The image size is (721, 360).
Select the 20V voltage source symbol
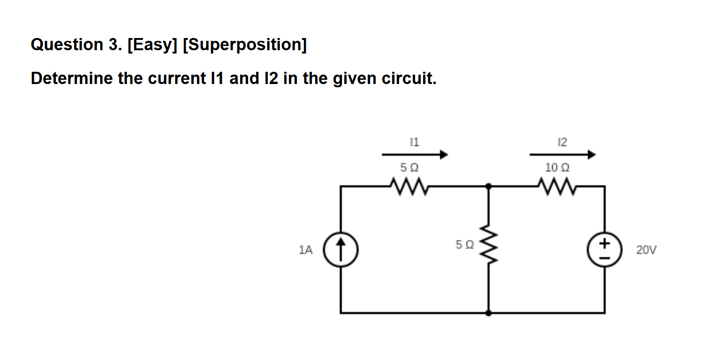(x=604, y=250)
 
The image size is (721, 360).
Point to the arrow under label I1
(x=415, y=154)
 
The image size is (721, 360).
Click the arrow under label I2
(x=562, y=154)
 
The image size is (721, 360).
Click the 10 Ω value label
(x=557, y=167)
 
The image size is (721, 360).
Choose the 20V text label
(x=646, y=250)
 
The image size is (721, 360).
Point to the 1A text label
(x=305, y=250)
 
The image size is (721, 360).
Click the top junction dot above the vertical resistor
(x=489, y=186)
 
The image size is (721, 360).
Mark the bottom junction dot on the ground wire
(x=489, y=313)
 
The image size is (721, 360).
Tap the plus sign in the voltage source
(x=604, y=243)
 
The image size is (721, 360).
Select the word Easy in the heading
(x=152, y=45)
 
